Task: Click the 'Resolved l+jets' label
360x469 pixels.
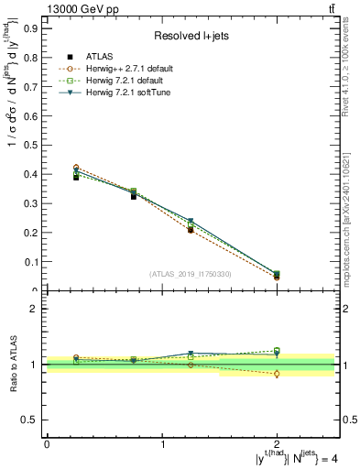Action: pos(191,36)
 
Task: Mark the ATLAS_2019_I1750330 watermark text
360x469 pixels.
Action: pos(191,273)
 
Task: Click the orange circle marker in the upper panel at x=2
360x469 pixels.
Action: pos(278,277)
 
